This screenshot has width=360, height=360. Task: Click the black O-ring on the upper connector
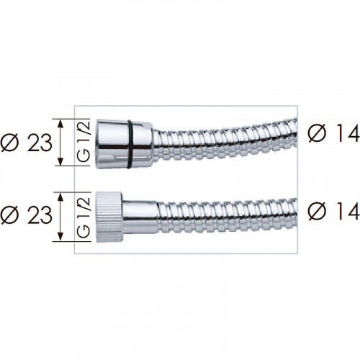point(129,144)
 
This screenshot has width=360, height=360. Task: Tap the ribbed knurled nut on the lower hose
point(109,217)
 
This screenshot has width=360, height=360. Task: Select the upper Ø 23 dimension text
point(26,143)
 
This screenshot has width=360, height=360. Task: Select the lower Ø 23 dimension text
point(26,215)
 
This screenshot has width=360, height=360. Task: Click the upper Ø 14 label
point(334,132)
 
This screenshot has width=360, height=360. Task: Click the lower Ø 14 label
point(334,211)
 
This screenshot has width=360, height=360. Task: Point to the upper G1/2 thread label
point(84,142)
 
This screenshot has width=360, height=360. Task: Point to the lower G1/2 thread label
point(84,217)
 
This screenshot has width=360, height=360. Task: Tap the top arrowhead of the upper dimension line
point(60,124)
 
